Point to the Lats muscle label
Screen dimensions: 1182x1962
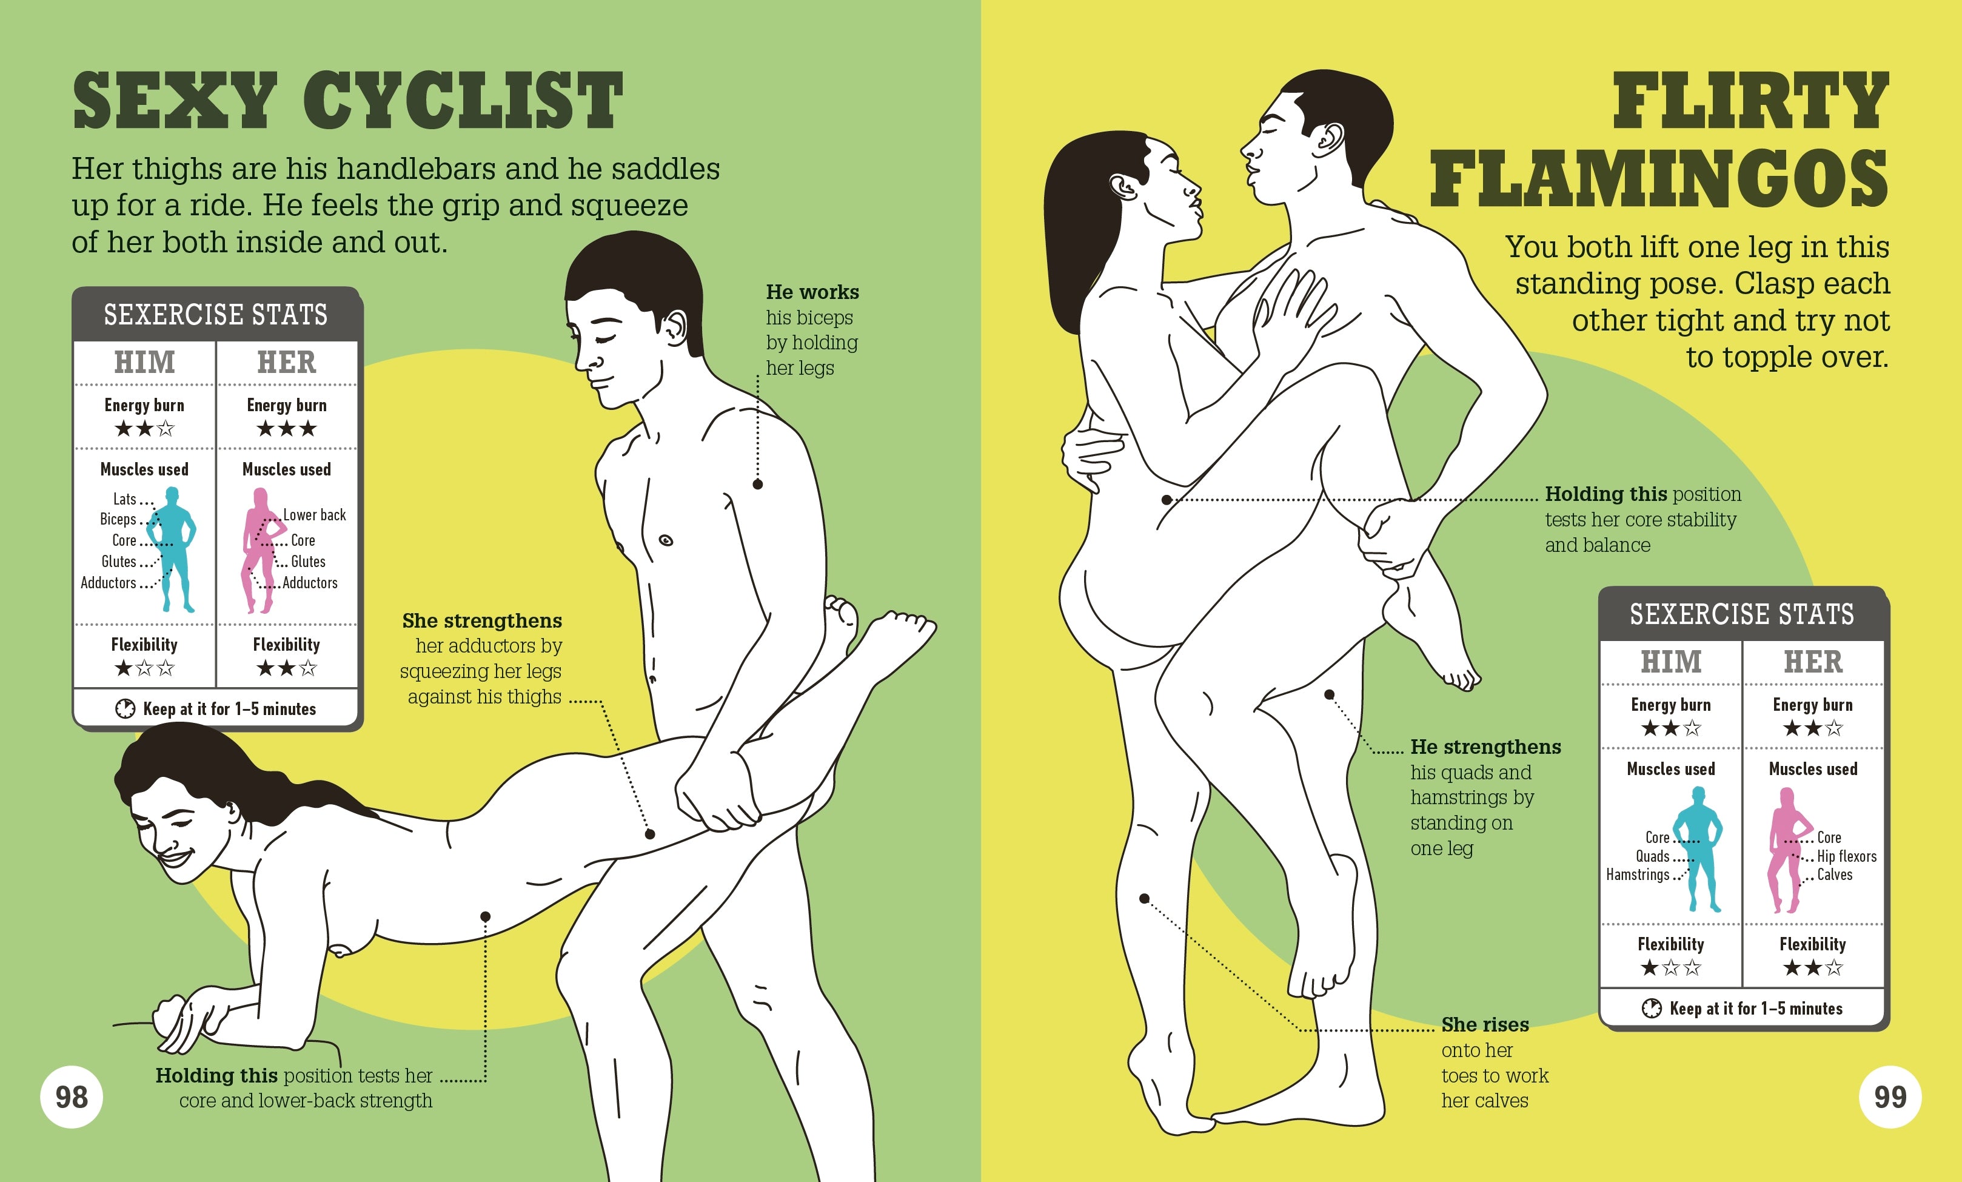coord(124,499)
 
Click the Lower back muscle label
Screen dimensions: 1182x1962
coord(315,515)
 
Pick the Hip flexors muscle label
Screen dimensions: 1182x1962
coord(1847,856)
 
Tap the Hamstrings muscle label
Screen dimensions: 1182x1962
coord(1637,875)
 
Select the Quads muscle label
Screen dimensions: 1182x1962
coord(1652,856)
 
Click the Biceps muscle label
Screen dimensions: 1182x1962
coord(118,519)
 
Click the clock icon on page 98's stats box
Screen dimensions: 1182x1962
coord(125,708)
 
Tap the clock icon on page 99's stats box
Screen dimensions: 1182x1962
coord(1652,1009)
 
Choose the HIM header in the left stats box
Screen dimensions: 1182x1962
coord(144,363)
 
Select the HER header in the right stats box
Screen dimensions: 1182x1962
coord(1813,662)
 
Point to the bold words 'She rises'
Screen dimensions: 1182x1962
coord(1485,1024)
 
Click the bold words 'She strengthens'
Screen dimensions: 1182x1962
coord(482,620)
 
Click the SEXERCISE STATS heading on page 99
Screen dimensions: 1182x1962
coord(1741,614)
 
